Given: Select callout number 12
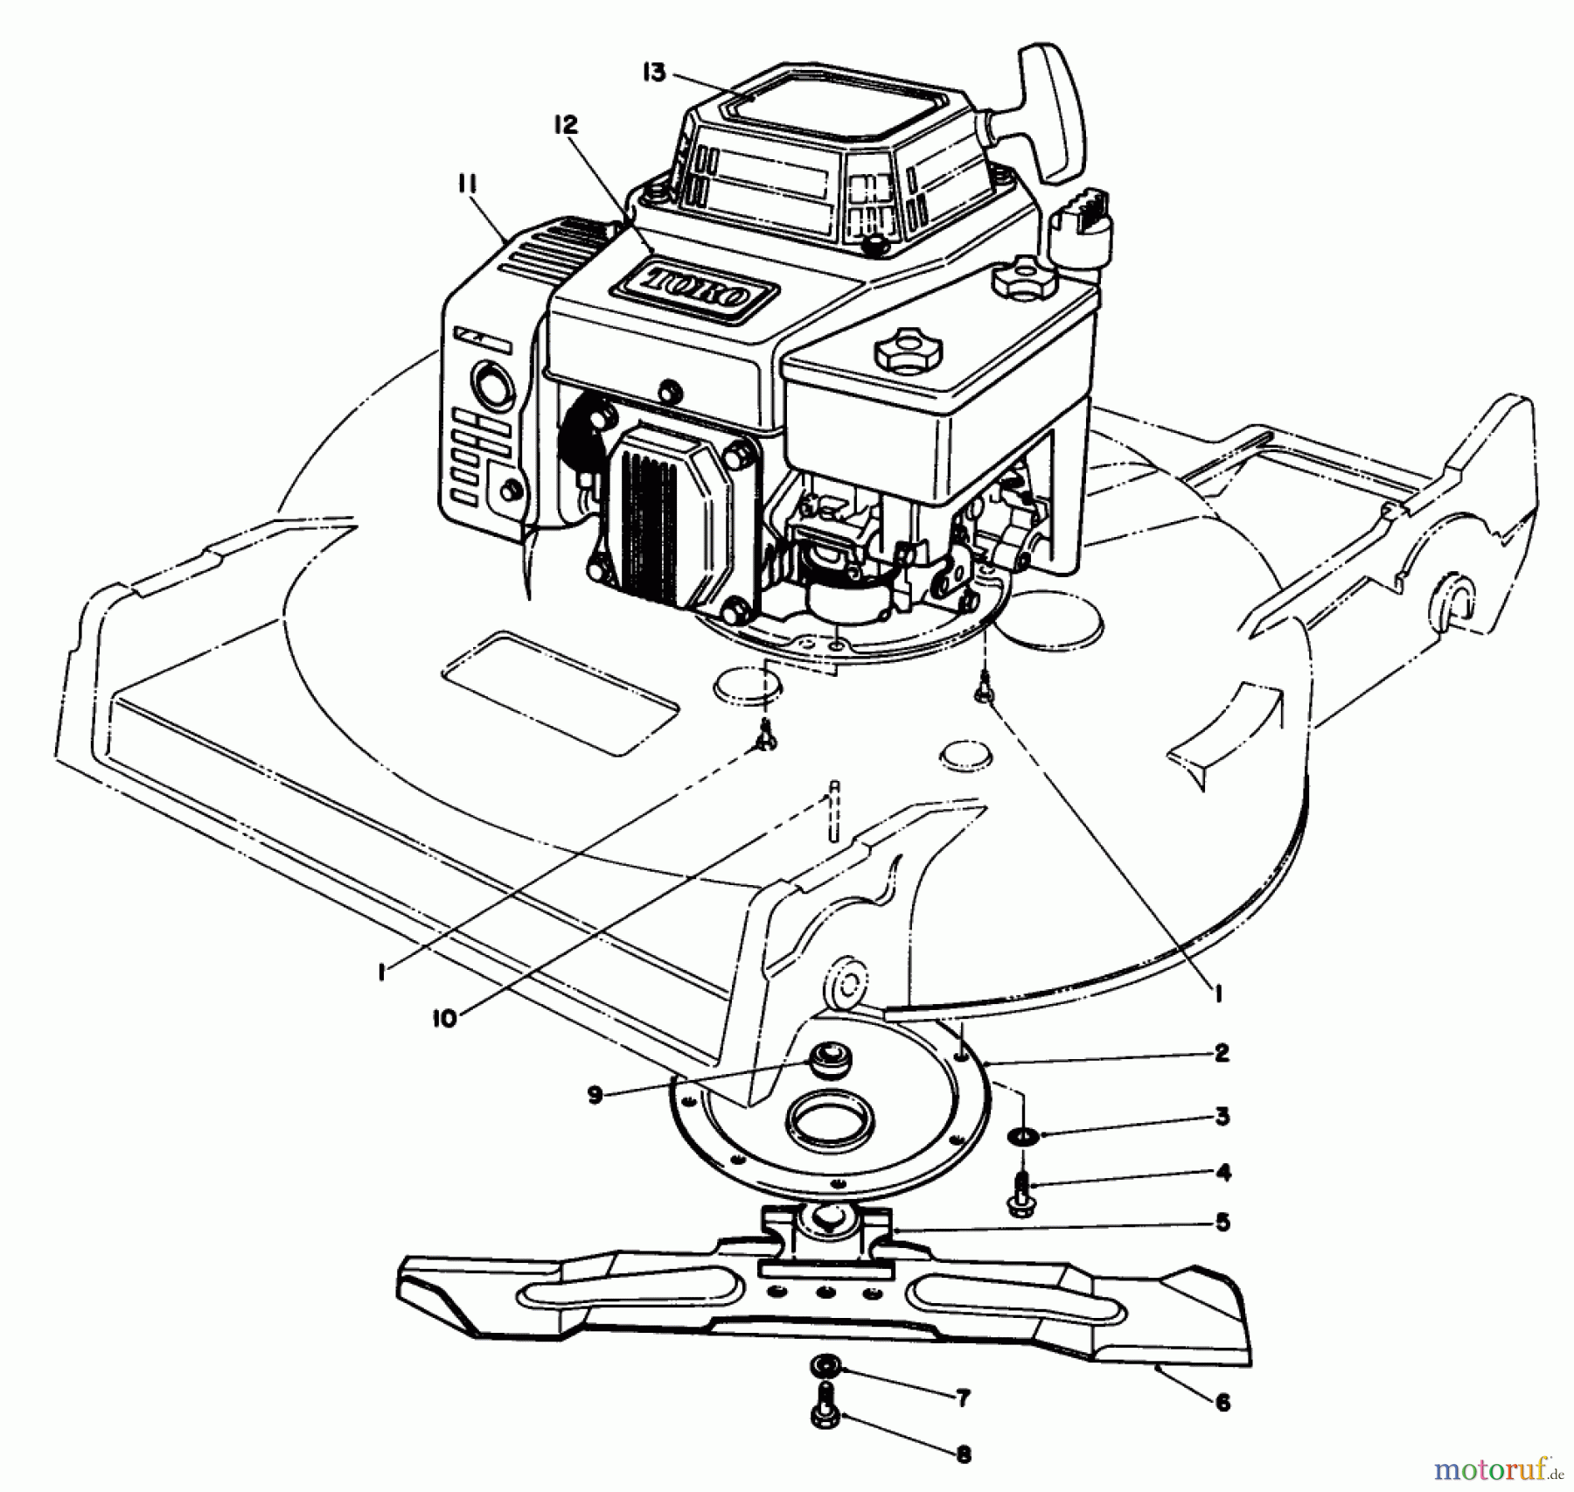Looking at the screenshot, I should [566, 125].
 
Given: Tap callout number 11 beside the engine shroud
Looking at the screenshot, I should [465, 184].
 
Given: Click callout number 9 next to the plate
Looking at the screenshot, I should [595, 1096].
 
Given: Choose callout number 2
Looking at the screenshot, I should [1222, 1053].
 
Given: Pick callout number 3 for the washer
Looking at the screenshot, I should [1222, 1116].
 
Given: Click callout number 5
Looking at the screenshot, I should [1222, 1222].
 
